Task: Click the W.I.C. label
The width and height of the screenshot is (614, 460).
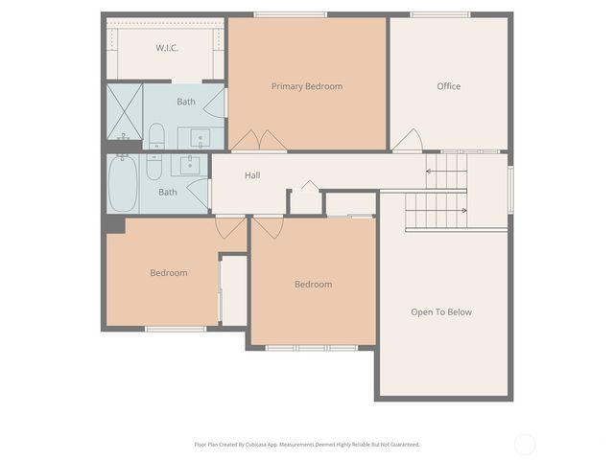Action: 168,48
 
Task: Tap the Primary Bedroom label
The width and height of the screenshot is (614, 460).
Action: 306,86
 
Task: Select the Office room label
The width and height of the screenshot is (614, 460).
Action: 448,86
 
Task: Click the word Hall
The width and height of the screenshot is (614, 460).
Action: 252,175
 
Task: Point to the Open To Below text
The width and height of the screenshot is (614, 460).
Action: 441,311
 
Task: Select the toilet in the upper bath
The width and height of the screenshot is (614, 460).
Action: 156,136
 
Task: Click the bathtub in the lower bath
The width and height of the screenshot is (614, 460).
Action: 123,183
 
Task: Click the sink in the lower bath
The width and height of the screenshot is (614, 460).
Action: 189,165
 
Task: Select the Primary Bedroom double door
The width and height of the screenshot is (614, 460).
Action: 259,141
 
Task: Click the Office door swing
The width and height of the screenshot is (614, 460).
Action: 408,141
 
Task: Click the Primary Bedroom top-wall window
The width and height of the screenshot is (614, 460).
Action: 290,14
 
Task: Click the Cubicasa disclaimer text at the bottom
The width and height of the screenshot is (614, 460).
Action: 307,444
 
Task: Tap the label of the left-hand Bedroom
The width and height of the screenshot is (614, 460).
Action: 169,273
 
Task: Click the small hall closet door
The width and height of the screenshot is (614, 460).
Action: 307,186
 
